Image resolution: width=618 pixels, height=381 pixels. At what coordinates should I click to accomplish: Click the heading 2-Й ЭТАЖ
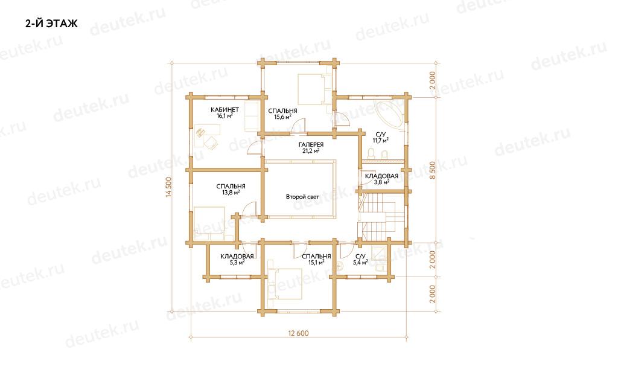click(51, 24)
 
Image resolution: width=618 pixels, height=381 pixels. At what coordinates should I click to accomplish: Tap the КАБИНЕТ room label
click(225, 110)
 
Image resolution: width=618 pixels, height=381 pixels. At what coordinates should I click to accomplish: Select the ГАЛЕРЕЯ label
click(311, 145)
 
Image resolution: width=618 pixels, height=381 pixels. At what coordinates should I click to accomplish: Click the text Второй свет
click(303, 196)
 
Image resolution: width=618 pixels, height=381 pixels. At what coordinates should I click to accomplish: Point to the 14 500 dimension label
click(169, 187)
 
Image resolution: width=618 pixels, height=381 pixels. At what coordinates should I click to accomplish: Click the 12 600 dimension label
click(298, 333)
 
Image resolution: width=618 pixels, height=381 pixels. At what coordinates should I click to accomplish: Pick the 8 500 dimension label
click(433, 170)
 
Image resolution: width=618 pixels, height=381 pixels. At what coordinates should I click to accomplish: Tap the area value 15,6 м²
click(282, 117)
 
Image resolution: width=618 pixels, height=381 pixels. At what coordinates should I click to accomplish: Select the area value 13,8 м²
click(231, 193)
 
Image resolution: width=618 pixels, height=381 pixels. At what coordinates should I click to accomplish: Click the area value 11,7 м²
click(381, 140)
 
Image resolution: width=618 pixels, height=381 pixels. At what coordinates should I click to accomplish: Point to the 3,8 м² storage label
click(381, 182)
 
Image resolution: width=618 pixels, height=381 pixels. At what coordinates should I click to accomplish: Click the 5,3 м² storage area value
click(237, 262)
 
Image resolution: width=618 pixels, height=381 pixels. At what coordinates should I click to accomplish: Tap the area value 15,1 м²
click(316, 262)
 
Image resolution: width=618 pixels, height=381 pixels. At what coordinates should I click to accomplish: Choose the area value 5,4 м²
click(360, 262)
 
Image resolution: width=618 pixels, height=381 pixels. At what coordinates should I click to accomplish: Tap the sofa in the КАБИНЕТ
click(252, 116)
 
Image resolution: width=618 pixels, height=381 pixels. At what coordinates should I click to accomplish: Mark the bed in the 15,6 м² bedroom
click(314, 89)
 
